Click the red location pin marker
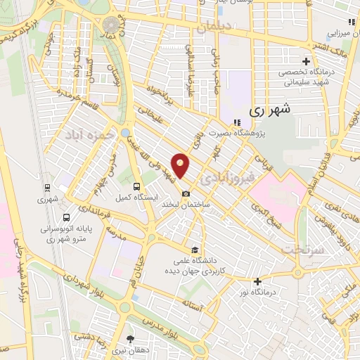tap(181, 165)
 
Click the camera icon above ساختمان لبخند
tap(185, 193)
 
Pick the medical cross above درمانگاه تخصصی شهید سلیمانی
tap(304, 61)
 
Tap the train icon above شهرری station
tap(47, 188)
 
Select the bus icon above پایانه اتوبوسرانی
tap(65, 217)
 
